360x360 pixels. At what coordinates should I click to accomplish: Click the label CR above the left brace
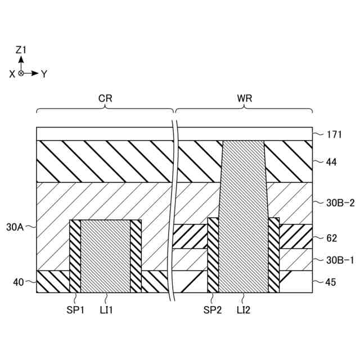[x=105, y=98]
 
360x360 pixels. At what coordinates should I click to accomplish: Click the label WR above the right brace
[x=245, y=98]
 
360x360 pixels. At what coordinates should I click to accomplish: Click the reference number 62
[x=331, y=238]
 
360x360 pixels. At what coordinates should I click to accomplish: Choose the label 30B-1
[x=339, y=260]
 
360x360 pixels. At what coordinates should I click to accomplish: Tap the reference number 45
[x=331, y=282]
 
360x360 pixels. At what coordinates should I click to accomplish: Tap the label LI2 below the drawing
[x=244, y=309]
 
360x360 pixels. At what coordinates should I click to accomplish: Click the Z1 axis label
[x=21, y=50]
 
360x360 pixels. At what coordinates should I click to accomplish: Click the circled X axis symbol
[x=21, y=73]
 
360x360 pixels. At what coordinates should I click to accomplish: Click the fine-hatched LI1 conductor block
[x=105, y=256]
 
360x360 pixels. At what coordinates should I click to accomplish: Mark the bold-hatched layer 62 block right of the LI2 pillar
[x=296, y=237]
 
